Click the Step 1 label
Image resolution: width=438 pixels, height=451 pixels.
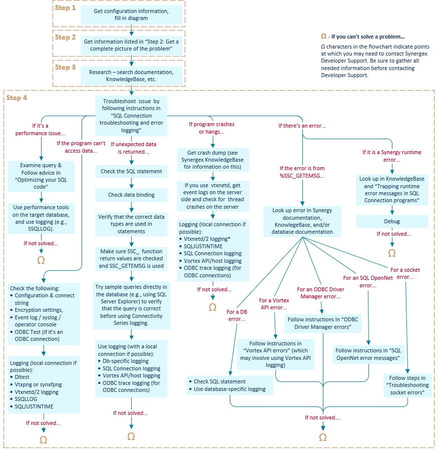tap(66, 8)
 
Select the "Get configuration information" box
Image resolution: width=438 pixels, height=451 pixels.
tap(131, 15)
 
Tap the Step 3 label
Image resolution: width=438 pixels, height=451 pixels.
tap(66, 68)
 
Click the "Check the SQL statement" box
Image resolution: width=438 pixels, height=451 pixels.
tap(131, 171)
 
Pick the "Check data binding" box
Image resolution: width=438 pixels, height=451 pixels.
tap(131, 195)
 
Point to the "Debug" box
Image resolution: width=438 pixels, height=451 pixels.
tap(391, 221)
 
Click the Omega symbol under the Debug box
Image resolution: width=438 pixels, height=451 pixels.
tap(391, 253)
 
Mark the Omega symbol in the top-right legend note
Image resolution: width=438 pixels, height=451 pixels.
tap(323, 37)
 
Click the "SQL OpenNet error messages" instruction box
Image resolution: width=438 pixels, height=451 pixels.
tap(368, 354)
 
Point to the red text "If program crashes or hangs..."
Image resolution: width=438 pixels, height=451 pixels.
tap(211, 128)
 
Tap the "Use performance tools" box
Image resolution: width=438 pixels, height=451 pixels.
tap(41, 218)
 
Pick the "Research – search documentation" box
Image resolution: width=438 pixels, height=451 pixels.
tap(131, 76)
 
